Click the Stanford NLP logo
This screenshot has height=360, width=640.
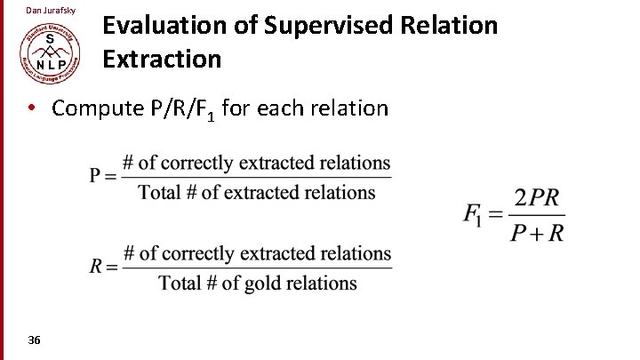[51, 52]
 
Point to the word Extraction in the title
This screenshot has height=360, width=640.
[162, 59]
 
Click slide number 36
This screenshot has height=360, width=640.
[34, 340]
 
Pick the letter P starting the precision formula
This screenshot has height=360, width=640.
[97, 176]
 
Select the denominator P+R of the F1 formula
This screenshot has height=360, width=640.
[537, 233]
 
